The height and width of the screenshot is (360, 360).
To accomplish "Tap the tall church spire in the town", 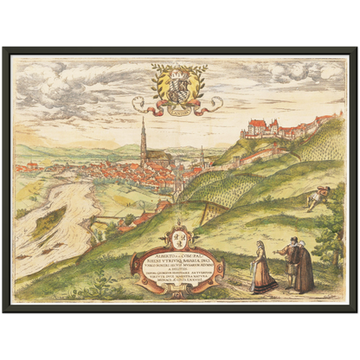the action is point(142,138).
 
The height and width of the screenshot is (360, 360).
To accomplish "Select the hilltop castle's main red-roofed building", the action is point(259,130).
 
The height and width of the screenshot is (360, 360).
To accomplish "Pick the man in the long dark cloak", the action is point(304,268).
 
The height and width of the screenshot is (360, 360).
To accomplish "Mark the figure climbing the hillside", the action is point(318,198).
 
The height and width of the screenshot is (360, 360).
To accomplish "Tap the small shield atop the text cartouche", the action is point(180,235).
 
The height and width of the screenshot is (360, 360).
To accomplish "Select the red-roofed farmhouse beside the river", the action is point(138,221).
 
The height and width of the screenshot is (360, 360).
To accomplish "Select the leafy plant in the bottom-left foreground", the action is point(94,285).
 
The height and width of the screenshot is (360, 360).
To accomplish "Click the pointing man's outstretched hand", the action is point(278,252).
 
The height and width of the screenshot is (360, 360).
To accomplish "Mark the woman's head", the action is point(262,246).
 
